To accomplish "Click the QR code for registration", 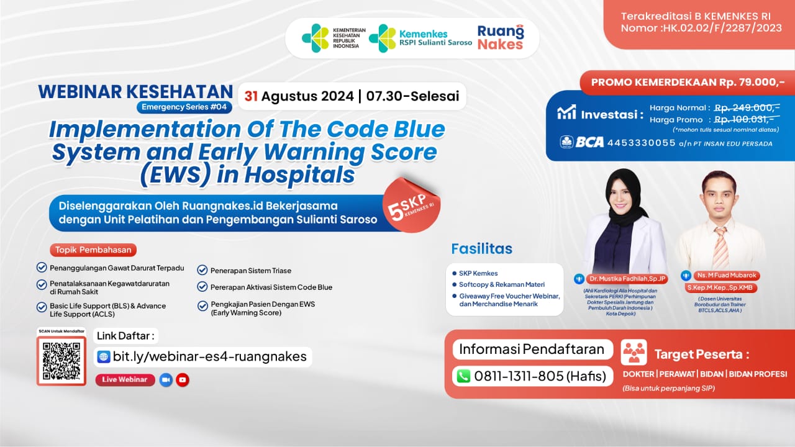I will tap(61, 361).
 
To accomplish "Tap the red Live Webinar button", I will tap(125, 379).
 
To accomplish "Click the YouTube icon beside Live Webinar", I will tap(182, 379).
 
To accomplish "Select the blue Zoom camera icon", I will tap(165, 379).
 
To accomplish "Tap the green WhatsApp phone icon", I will tap(463, 376).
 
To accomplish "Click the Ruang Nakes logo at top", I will tap(500, 37).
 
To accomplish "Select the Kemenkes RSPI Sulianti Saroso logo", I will tap(421, 38).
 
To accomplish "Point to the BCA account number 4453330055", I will tap(641, 143).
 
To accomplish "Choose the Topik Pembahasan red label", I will tap(93, 250).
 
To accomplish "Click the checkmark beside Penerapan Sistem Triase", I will tap(202, 270).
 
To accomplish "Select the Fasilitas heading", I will tap(482, 249).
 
